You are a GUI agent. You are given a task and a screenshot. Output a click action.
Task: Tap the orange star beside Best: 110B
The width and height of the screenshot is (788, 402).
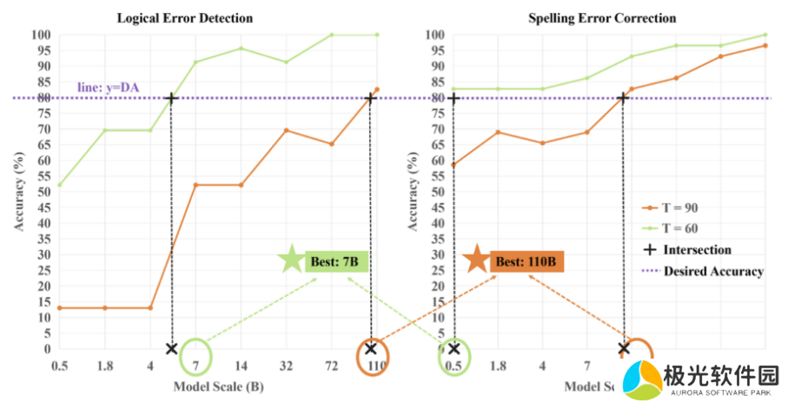tap(475, 260)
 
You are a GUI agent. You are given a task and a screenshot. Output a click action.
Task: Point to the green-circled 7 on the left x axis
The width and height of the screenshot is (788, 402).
tap(196, 365)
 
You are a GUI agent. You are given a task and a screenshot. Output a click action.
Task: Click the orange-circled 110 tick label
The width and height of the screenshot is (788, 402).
tap(375, 365)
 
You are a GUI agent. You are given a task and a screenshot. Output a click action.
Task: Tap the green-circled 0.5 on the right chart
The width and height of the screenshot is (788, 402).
tap(454, 365)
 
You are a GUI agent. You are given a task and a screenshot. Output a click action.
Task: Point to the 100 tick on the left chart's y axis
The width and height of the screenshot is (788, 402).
tap(42, 35)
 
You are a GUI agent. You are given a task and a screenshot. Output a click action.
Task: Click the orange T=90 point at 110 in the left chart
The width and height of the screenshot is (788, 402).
tap(376, 89)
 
